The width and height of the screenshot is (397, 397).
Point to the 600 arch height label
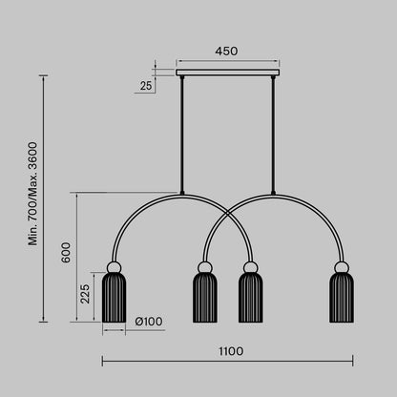point(66,253)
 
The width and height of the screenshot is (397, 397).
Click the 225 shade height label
point(85,295)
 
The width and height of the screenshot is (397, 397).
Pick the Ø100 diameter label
point(149,322)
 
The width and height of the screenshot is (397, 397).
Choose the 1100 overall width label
point(230,350)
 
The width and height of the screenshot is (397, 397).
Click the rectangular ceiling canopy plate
point(227,72)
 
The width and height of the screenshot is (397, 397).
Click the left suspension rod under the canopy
point(182,134)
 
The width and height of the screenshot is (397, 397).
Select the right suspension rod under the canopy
point(273,134)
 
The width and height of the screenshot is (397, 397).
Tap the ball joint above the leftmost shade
point(114,266)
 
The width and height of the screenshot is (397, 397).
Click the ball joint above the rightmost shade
point(341,266)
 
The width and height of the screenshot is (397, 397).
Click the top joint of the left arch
point(182,194)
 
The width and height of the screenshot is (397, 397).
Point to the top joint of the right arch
point(273,194)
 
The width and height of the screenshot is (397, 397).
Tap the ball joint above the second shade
point(205,266)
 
